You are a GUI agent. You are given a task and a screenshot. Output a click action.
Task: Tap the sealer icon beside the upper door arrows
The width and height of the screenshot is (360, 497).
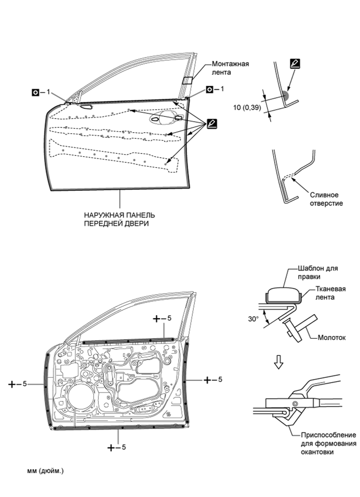pos(212,123)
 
